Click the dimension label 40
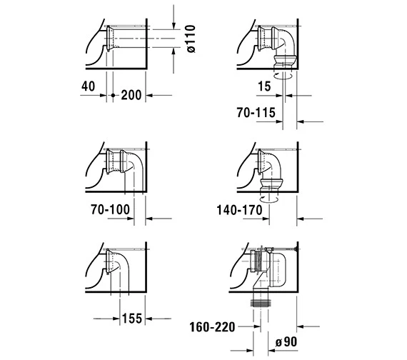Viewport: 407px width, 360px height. click(89, 86)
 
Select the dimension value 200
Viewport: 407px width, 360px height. click(131, 95)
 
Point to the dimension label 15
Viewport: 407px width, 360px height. click(264, 86)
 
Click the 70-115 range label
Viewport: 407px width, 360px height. click(256, 113)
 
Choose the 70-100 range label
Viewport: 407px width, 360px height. click(110, 209)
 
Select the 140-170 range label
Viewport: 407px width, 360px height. click(240, 210)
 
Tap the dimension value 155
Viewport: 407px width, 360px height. click(132, 319)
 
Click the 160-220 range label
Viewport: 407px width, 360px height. click(212, 327)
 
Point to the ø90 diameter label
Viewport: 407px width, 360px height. click(286, 342)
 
